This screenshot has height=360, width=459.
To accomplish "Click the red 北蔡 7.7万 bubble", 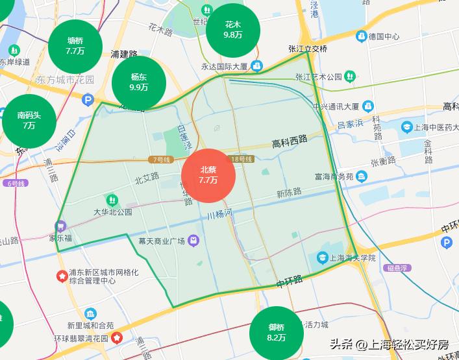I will [208, 176].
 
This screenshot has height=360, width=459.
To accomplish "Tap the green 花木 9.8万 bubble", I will [232, 30].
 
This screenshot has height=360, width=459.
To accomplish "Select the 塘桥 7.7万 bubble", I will [75, 45].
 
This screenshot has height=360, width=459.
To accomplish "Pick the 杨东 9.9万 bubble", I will [139, 82].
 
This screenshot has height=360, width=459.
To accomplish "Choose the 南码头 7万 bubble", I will [29, 121].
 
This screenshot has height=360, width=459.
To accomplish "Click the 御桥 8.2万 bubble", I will [276, 332].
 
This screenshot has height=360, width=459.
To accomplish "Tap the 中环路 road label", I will [289, 282].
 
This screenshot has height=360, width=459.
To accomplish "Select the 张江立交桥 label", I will [308, 49].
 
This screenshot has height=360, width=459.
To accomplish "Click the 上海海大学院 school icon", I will [322, 258].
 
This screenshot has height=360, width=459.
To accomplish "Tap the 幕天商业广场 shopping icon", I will [193, 241].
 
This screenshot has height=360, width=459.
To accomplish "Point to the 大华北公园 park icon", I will [112, 199].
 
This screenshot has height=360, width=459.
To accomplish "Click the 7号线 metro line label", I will [159, 159].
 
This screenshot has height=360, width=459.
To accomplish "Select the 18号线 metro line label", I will [242, 159].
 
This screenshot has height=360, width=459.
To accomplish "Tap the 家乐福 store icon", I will [60, 226].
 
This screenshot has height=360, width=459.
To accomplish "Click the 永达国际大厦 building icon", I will [258, 66].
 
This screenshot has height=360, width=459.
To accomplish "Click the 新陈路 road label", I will [289, 192].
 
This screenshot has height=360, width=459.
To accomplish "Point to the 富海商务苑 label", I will [334, 176].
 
